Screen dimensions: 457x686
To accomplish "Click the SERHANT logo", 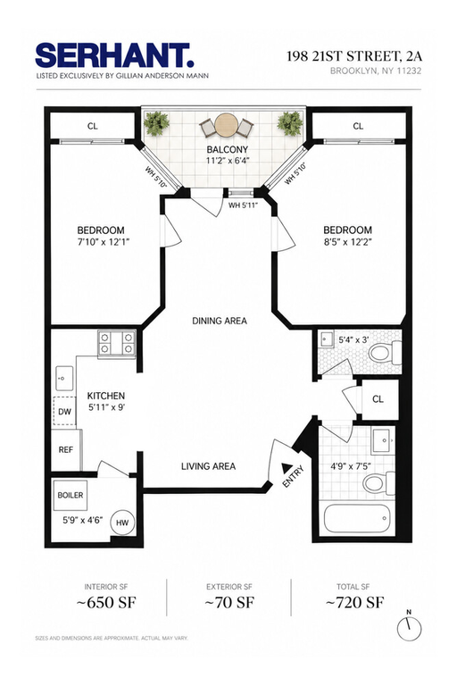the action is pyautogui.click(x=114, y=55).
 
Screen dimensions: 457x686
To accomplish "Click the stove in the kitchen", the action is pyautogui.click(x=116, y=343).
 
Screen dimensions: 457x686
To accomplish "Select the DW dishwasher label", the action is pyautogui.click(x=64, y=411).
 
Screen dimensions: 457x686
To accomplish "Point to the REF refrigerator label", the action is pyautogui.click(x=65, y=450).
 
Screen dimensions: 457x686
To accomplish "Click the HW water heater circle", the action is pyautogui.click(x=122, y=522).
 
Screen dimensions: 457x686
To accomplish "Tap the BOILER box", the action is pyautogui.click(x=71, y=495).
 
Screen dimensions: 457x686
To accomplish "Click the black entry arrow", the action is pyautogui.click(x=287, y=467).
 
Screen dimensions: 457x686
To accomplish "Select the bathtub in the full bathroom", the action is pyautogui.click(x=356, y=519).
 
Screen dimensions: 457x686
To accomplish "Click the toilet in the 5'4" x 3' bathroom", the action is pyautogui.click(x=386, y=353).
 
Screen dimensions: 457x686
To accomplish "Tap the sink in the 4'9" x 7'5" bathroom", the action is pyautogui.click(x=384, y=442).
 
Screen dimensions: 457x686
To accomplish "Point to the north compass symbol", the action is pyautogui.click(x=409, y=627).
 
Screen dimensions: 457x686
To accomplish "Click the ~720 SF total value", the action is pyautogui.click(x=354, y=602).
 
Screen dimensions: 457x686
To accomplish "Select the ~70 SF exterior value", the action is pyautogui.click(x=229, y=602).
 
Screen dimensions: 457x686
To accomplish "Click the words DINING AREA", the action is pyautogui.click(x=220, y=321).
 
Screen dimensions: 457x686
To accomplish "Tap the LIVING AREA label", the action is pyautogui.click(x=208, y=466).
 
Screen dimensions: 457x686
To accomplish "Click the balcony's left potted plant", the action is pyautogui.click(x=156, y=123).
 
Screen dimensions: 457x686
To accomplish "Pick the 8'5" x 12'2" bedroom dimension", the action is pyautogui.click(x=348, y=242).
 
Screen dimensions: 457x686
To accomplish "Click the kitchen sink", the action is pyautogui.click(x=64, y=378).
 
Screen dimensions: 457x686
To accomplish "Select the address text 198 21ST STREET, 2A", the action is pyautogui.click(x=354, y=56).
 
